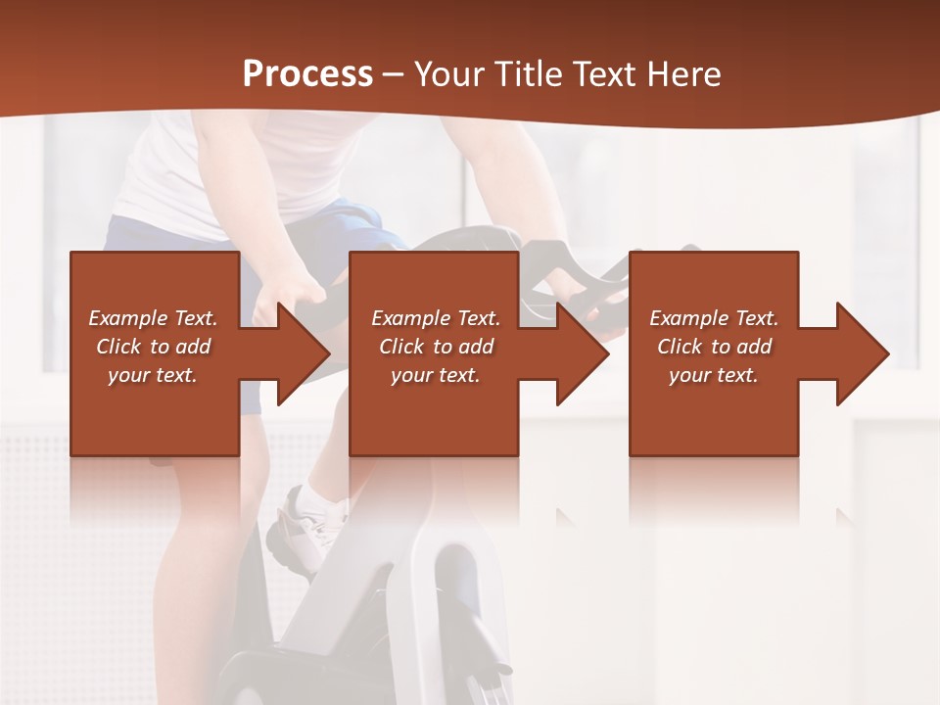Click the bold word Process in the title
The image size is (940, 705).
point(307,74)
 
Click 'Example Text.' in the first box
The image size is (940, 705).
point(153,318)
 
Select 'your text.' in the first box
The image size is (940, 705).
point(153,375)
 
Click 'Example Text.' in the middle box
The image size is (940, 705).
point(436,318)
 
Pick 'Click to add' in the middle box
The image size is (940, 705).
point(436,347)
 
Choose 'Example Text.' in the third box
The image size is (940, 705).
point(714,318)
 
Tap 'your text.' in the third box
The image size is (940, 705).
point(714,375)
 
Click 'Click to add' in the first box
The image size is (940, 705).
point(153,347)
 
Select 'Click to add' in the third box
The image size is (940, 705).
point(714,347)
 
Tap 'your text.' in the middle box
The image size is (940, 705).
point(436,375)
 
